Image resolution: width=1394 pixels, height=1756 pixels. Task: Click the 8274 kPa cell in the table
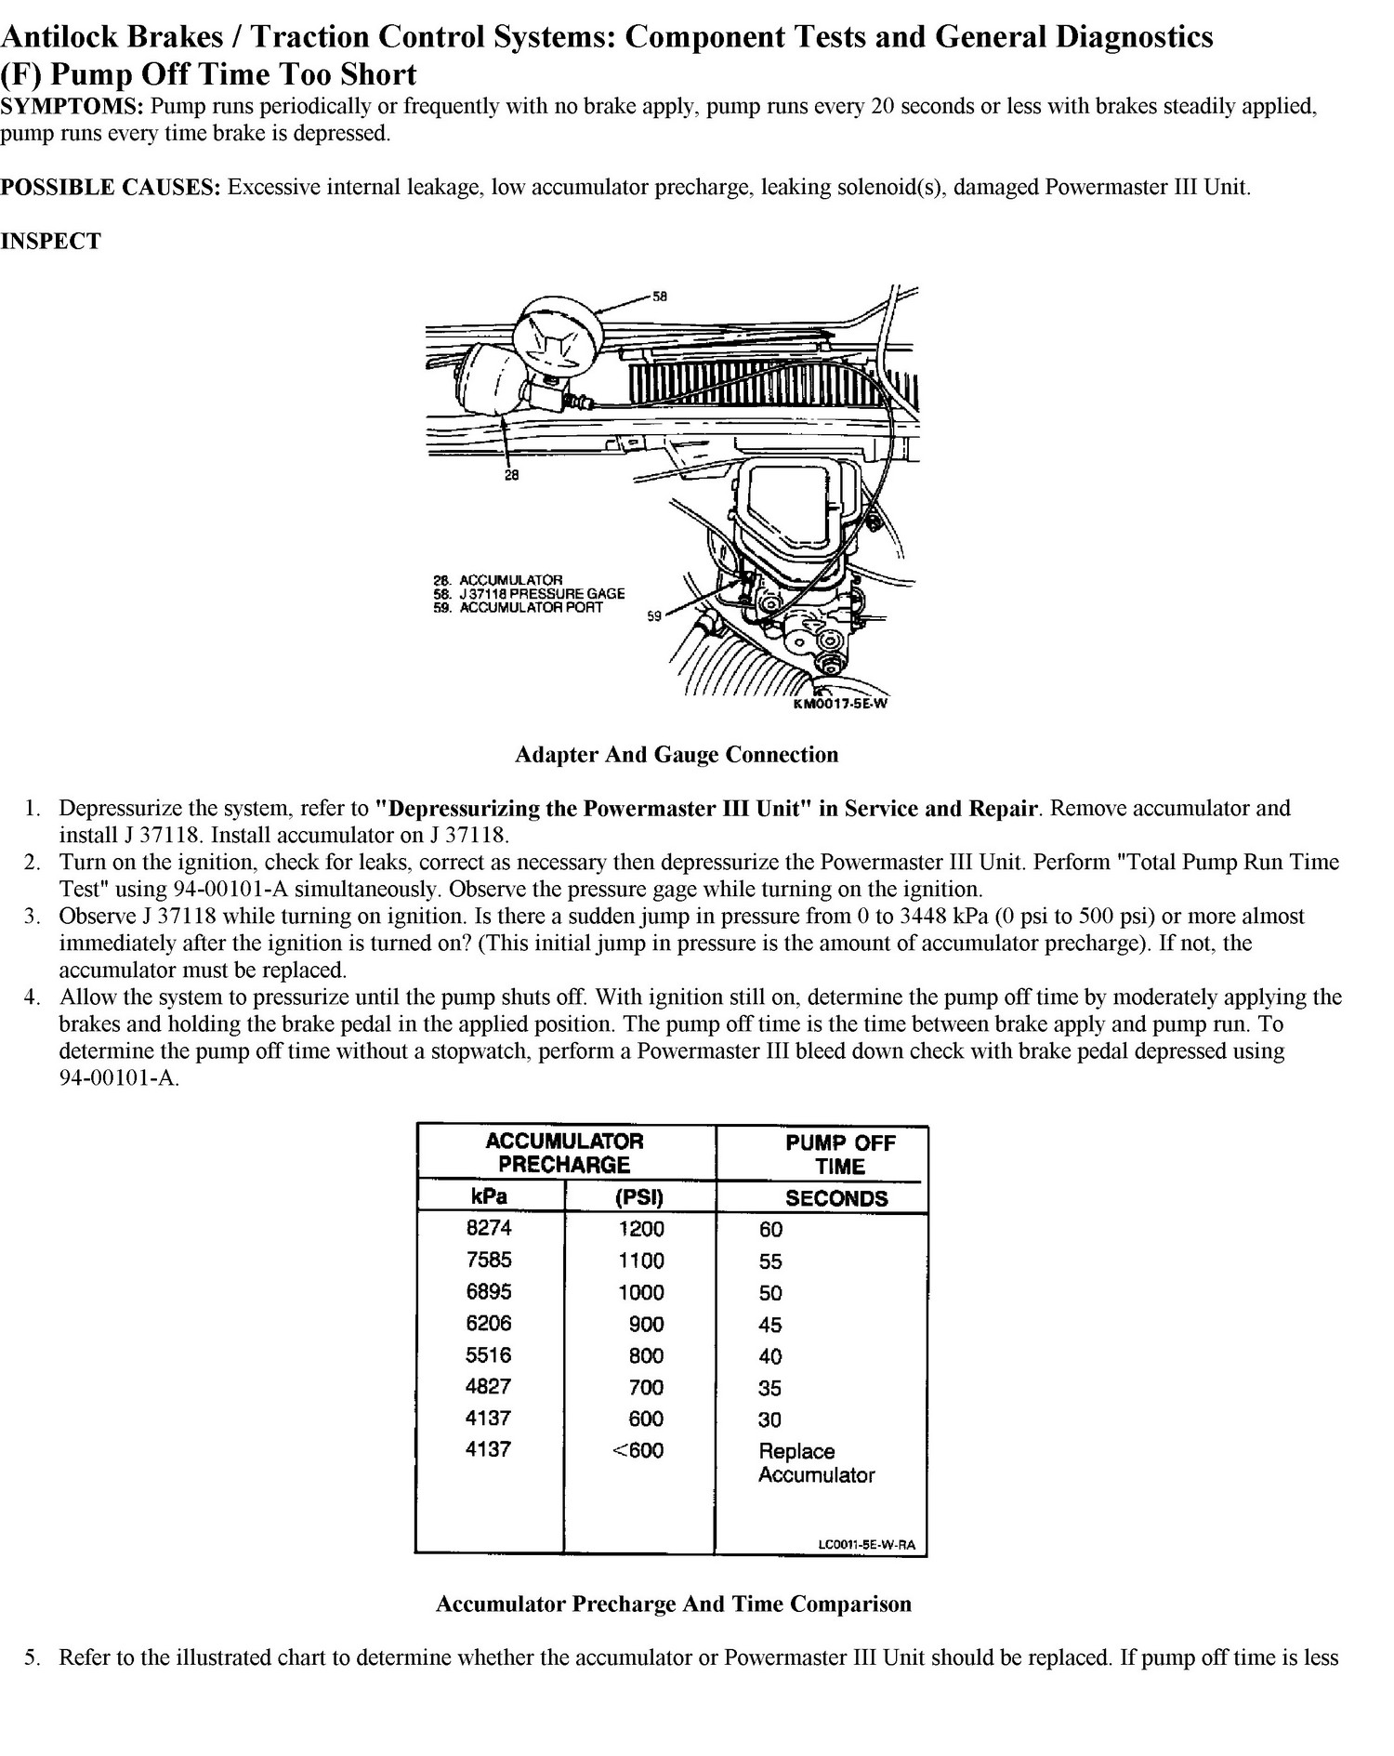489,1228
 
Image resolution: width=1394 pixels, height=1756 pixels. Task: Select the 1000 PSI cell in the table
641,1292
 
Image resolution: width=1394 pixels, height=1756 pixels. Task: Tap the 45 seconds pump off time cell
770,1325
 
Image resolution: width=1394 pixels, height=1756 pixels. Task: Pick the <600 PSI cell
638,1450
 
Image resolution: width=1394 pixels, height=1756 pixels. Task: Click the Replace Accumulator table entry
817,1463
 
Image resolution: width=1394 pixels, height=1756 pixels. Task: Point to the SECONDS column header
836,1198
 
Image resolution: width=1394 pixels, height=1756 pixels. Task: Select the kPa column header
489,1196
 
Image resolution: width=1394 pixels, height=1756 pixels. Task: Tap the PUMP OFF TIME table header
840,1155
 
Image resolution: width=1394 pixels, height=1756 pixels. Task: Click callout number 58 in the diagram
659,297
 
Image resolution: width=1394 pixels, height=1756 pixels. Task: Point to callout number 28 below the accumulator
511,474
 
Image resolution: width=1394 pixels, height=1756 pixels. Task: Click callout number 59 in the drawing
654,616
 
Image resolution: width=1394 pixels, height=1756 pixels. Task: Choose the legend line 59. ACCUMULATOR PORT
518,608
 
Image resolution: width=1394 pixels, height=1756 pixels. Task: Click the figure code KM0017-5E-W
840,703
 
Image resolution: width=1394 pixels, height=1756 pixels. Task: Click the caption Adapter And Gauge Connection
677,755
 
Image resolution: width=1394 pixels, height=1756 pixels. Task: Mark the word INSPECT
50,242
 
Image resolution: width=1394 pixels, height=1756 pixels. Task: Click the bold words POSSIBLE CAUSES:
111,188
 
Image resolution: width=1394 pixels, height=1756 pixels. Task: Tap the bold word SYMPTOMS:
72,106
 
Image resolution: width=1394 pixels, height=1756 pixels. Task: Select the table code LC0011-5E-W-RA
867,1545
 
